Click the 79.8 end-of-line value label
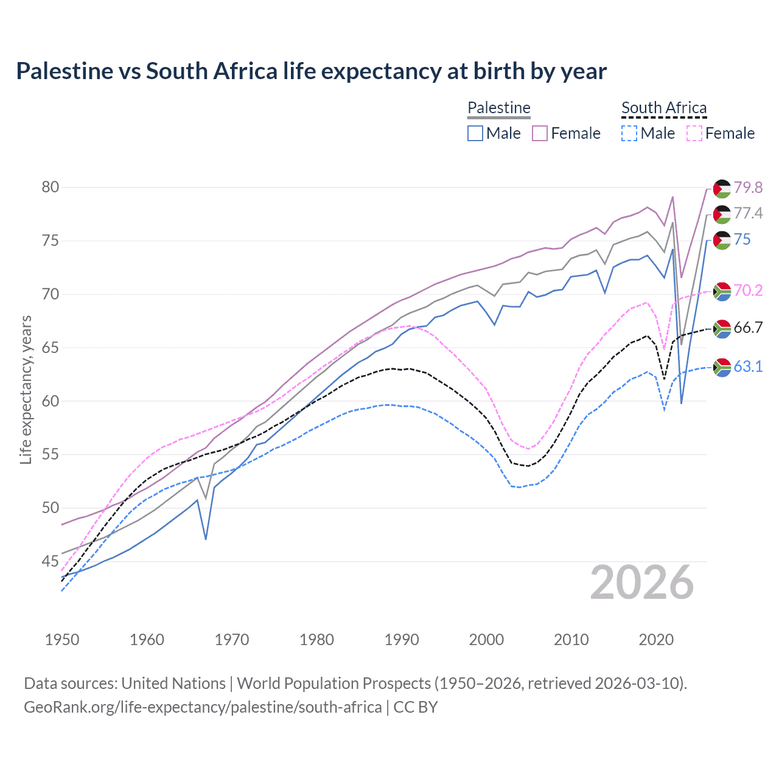tap(748, 187)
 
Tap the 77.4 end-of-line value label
tap(748, 213)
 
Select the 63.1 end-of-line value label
tap(748, 366)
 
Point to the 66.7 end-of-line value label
tap(748, 327)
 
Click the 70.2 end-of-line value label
tap(748, 290)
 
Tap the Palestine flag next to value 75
tap(722, 240)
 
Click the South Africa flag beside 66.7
tap(722, 329)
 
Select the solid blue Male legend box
tap(475, 133)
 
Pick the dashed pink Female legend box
tap(694, 133)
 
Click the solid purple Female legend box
tap(540, 133)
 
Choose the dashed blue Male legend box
tap(629, 133)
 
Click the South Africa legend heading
tap(664, 108)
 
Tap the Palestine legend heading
tap(499, 108)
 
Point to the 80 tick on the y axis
tap(51, 187)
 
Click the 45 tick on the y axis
tap(51, 561)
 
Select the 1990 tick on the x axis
tap(402, 640)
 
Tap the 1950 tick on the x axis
tap(62, 640)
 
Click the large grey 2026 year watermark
tap(642, 582)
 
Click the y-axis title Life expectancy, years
tap(26, 389)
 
